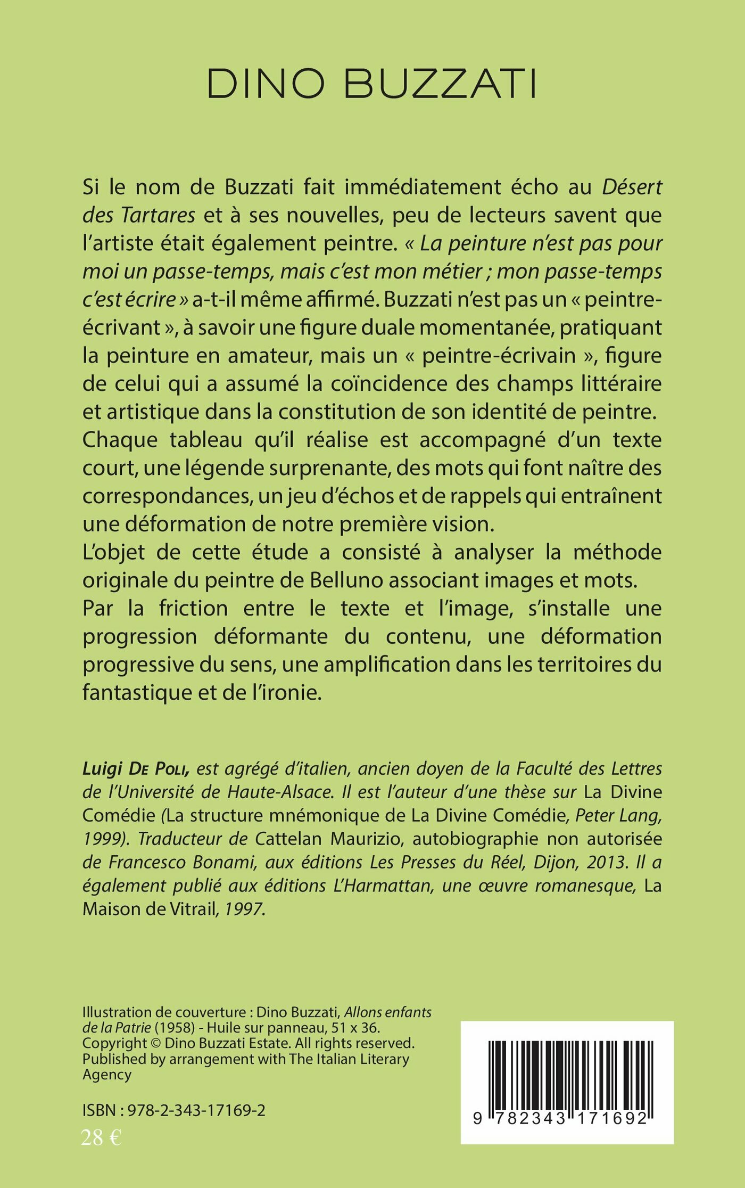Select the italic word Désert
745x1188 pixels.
tap(632, 187)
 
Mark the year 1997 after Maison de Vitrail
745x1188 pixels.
tap(243, 909)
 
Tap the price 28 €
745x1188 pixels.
tap(101, 1138)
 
